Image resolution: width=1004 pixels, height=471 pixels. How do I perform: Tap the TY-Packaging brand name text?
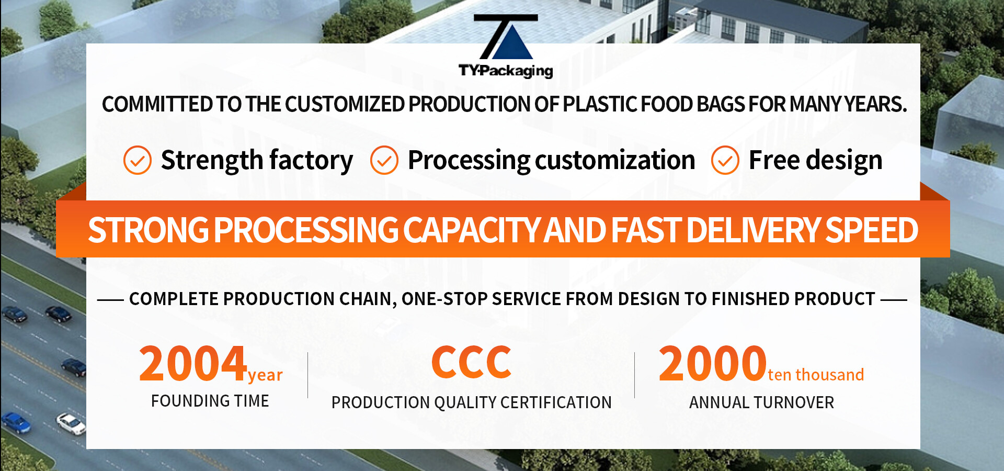tap(506, 71)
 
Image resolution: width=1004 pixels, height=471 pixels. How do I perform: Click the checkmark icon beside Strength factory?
tap(138, 160)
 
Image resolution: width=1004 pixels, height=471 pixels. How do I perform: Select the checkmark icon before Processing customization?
tap(384, 160)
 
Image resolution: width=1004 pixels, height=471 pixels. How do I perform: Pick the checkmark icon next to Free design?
tap(725, 160)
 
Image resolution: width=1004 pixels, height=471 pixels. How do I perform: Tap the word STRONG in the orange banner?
tap(149, 230)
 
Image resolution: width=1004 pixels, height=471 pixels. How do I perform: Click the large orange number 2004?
tap(193, 363)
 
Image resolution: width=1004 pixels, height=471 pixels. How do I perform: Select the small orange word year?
tap(265, 375)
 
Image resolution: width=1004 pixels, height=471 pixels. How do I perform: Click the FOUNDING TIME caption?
tap(210, 401)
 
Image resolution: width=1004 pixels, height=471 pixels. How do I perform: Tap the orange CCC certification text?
tap(471, 362)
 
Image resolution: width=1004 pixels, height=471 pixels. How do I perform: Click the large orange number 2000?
tap(712, 363)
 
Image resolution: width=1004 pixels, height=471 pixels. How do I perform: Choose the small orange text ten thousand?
tap(816, 375)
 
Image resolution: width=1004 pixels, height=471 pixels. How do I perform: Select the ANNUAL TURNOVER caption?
tap(761, 402)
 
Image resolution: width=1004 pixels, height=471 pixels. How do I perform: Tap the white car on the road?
tap(71, 423)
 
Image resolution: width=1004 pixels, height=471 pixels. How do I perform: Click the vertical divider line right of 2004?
tap(308, 375)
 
